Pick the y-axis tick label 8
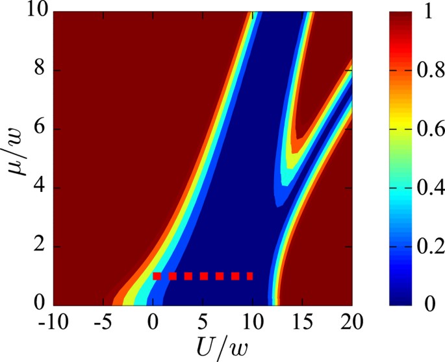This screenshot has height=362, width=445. point(42,71)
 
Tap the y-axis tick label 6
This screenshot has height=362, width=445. point(42,129)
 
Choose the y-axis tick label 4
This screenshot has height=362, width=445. point(42,188)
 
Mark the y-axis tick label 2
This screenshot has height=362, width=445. point(42,247)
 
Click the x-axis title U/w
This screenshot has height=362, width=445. point(203,346)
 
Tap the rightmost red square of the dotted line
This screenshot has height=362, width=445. point(249,276)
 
